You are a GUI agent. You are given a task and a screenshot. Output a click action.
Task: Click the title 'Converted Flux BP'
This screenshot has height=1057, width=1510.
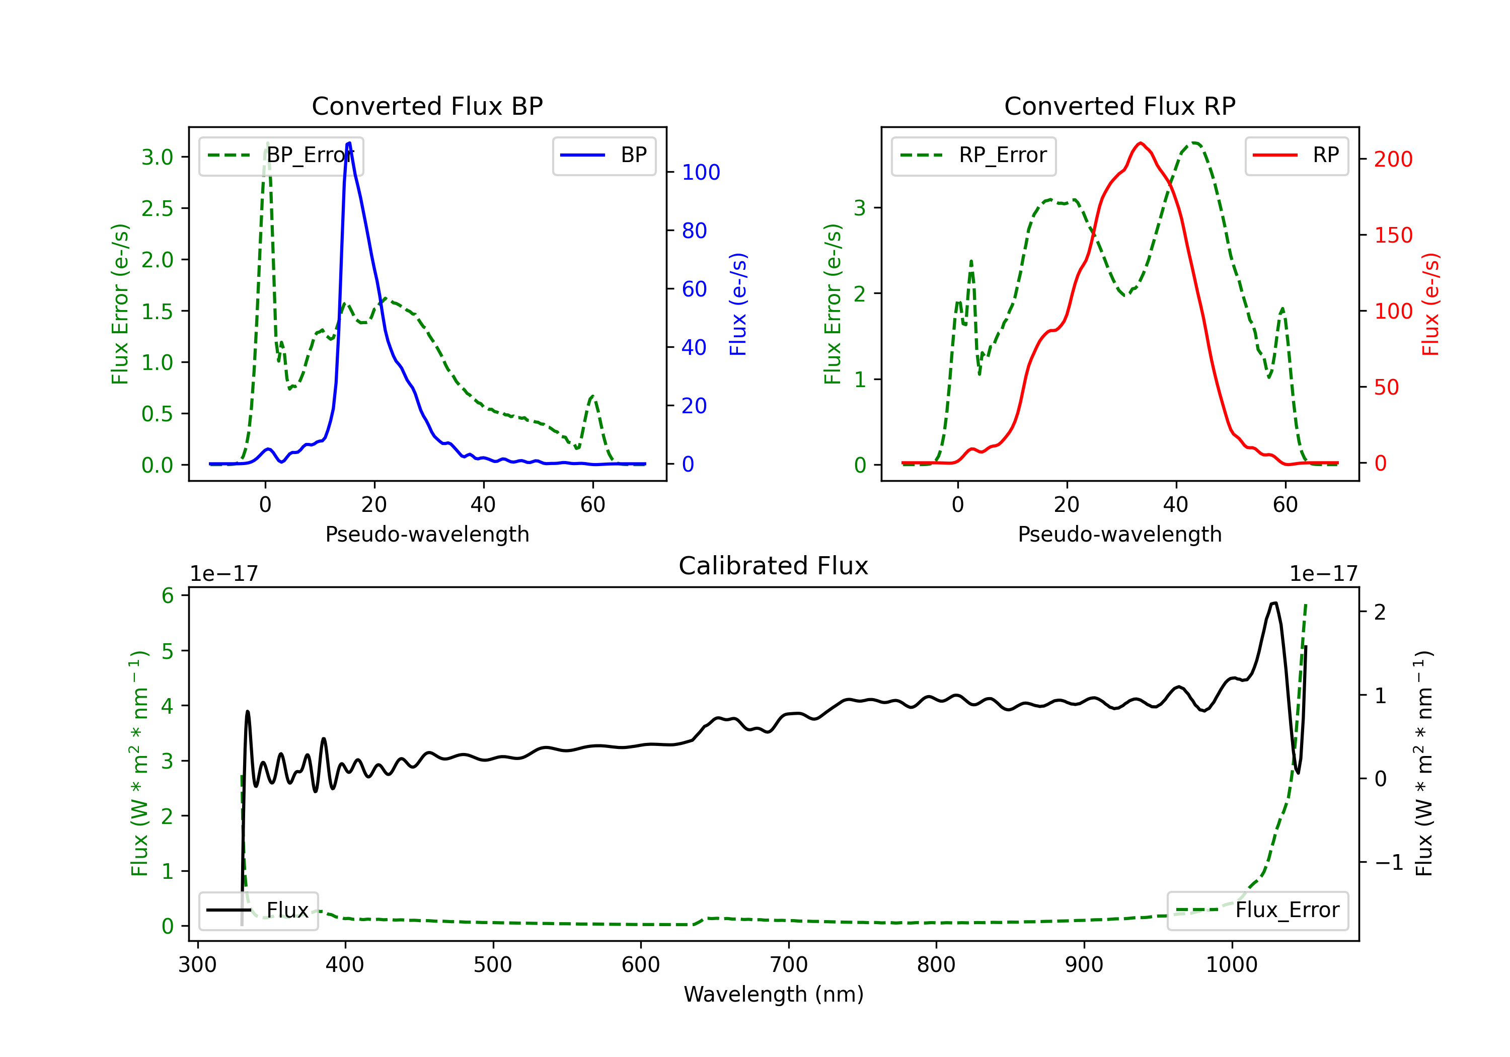pyautogui.click(x=427, y=106)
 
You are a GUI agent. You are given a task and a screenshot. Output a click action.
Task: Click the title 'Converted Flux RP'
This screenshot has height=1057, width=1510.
pyautogui.click(x=1119, y=106)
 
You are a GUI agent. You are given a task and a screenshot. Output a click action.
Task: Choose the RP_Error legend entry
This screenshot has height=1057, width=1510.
pyautogui.click(x=973, y=155)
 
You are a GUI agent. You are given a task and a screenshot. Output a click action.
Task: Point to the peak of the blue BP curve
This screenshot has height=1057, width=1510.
pyautogui.click(x=349, y=143)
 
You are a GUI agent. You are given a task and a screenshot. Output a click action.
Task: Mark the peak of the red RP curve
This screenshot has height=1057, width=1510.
pyautogui.click(x=1141, y=143)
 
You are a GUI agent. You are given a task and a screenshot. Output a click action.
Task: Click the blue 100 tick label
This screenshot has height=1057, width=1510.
pyautogui.click(x=701, y=172)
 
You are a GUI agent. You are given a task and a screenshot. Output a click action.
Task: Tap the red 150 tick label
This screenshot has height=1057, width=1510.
pyautogui.click(x=1393, y=235)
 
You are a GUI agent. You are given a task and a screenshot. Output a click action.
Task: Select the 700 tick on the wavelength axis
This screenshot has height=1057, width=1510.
pyautogui.click(x=789, y=965)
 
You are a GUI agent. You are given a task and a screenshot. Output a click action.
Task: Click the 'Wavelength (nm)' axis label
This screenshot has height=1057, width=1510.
pyautogui.click(x=774, y=994)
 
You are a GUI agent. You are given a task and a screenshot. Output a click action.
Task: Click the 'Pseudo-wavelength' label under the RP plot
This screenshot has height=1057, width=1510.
pyautogui.click(x=1119, y=534)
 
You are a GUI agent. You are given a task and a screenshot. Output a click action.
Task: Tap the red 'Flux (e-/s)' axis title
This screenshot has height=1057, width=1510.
pyautogui.click(x=1430, y=304)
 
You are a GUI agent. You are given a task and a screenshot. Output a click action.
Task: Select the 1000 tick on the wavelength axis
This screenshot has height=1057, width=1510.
pyautogui.click(x=1231, y=965)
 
